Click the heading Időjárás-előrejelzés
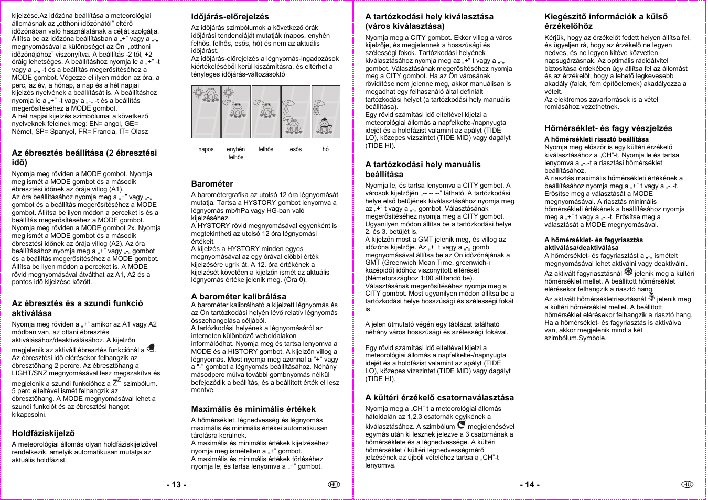click(230, 17)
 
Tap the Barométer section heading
click(212, 184)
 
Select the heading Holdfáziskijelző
click(43, 433)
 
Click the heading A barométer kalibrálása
click(239, 296)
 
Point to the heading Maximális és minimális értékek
click(253, 409)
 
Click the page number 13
click(176, 485)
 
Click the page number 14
click(530, 485)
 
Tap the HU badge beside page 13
click(334, 484)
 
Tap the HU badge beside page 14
click(687, 484)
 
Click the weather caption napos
click(206, 149)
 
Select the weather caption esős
click(296, 149)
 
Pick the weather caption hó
click(325, 149)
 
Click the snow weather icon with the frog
click(326, 112)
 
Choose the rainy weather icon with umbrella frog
click(296, 112)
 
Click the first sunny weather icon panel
click(206, 112)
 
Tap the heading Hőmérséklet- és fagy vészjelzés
click(608, 128)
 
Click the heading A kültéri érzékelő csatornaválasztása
click(439, 398)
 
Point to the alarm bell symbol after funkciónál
click(151, 348)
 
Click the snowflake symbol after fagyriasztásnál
click(628, 272)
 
